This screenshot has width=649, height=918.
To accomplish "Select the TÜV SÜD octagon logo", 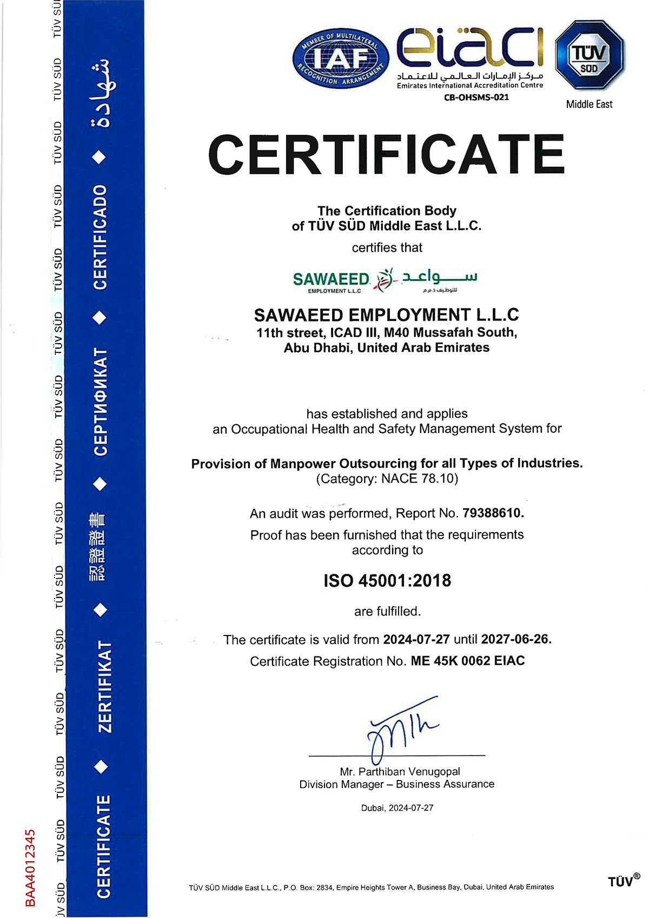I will click(x=590, y=56).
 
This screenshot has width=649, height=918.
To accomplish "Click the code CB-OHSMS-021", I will click(x=476, y=97).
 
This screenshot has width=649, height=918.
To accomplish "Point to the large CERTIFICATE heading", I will click(x=386, y=154).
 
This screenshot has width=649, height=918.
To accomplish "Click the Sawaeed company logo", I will click(x=385, y=279).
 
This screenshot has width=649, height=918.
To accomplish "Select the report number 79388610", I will click(x=493, y=513).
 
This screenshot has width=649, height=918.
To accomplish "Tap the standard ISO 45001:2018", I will click(x=387, y=581).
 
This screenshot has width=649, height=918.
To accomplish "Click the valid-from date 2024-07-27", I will click(x=416, y=639).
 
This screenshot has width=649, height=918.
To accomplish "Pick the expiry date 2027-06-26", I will click(x=516, y=639).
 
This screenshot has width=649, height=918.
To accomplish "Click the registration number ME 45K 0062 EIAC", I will click(x=468, y=661).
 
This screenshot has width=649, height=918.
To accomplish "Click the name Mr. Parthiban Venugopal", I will click(x=400, y=771).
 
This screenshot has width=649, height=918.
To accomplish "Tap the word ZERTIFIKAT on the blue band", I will click(x=104, y=686).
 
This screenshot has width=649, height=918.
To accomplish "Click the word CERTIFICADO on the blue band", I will click(x=101, y=237).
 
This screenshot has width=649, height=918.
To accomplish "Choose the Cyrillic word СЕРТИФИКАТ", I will click(x=101, y=401).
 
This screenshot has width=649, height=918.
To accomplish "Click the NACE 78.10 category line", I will click(x=387, y=479).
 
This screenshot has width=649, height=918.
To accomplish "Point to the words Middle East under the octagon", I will click(x=589, y=104).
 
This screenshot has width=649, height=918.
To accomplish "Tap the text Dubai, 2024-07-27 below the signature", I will click(x=398, y=808).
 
